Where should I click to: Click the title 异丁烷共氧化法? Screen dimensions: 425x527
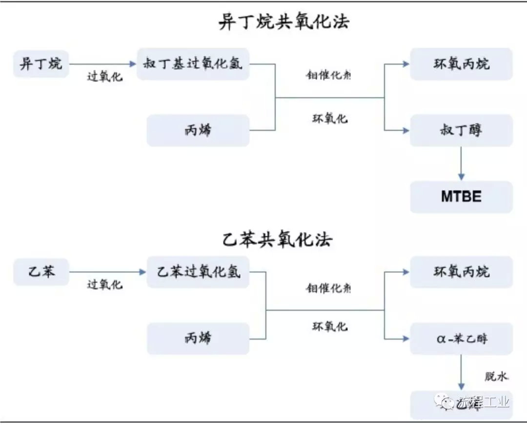(284, 22)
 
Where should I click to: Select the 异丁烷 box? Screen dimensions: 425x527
(41, 64)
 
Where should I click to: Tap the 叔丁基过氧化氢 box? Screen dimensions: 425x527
(193, 64)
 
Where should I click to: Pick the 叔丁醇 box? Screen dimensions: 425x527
(461, 130)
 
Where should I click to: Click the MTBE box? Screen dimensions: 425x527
(461, 196)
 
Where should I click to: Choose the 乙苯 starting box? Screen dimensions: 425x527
(41, 271)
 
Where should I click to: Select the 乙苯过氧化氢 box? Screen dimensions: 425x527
(198, 271)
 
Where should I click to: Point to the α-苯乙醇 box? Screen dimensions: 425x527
(461, 338)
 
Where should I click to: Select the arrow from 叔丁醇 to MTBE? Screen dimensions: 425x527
(461, 163)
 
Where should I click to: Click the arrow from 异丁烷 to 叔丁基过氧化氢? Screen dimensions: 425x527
(103, 64)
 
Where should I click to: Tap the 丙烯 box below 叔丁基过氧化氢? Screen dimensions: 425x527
(198, 130)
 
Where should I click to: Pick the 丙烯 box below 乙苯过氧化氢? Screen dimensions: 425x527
(198, 338)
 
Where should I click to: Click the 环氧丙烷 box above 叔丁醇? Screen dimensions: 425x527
(461, 64)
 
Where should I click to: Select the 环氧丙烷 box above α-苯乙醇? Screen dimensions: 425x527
(461, 271)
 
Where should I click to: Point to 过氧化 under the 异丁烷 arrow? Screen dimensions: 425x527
(104, 77)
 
